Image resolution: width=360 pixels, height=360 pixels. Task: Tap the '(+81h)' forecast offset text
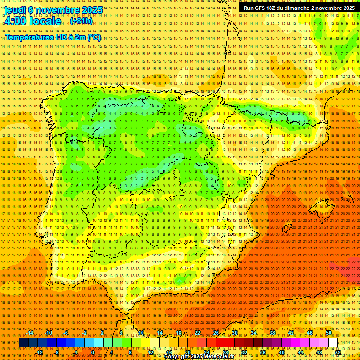click(82, 22)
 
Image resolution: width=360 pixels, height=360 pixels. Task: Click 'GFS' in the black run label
click(263, 8)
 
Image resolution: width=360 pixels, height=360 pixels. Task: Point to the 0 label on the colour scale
click(93, 352)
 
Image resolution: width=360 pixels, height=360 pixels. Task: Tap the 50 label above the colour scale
click(329, 333)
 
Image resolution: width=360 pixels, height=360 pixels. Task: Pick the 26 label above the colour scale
click(216, 333)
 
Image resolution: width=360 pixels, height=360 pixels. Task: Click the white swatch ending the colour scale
click(333, 343)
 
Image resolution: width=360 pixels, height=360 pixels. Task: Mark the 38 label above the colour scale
click(272, 333)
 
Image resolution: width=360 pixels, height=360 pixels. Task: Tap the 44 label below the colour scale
click(300, 352)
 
